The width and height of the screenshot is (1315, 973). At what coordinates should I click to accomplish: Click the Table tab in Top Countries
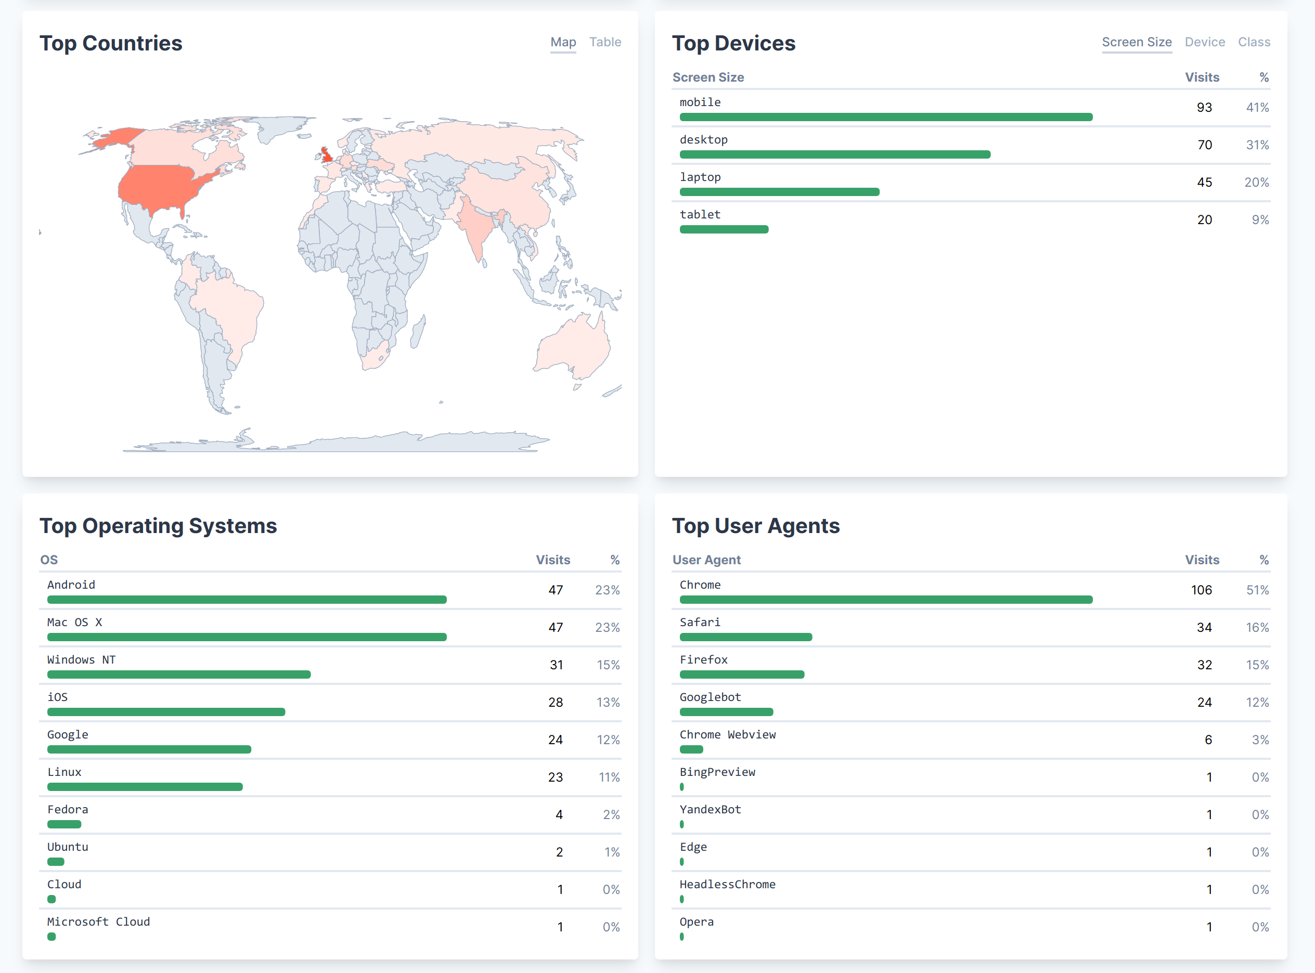(x=605, y=43)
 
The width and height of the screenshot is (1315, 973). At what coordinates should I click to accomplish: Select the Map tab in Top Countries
(x=563, y=43)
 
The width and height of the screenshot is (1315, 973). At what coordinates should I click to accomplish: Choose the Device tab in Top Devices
(x=1204, y=43)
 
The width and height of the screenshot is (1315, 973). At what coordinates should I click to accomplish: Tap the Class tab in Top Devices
(x=1254, y=43)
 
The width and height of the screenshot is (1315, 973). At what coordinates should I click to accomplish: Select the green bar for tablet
(x=724, y=230)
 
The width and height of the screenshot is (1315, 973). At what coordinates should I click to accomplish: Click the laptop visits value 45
(x=1204, y=183)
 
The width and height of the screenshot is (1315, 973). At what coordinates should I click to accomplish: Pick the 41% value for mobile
(x=1257, y=108)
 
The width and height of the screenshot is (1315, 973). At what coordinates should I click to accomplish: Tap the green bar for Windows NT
(x=178, y=675)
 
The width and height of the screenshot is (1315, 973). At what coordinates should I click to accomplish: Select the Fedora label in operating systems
(x=68, y=810)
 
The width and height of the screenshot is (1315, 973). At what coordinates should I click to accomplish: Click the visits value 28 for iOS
(x=555, y=703)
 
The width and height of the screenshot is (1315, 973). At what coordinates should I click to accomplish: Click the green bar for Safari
(x=745, y=637)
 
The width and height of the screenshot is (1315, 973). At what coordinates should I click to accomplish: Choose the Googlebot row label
(x=710, y=697)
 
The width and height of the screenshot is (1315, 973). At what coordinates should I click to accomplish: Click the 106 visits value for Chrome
(x=1201, y=590)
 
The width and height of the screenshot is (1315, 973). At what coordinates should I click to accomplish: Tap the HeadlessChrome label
(x=727, y=885)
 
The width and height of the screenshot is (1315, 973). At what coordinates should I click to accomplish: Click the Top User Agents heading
(x=755, y=526)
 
